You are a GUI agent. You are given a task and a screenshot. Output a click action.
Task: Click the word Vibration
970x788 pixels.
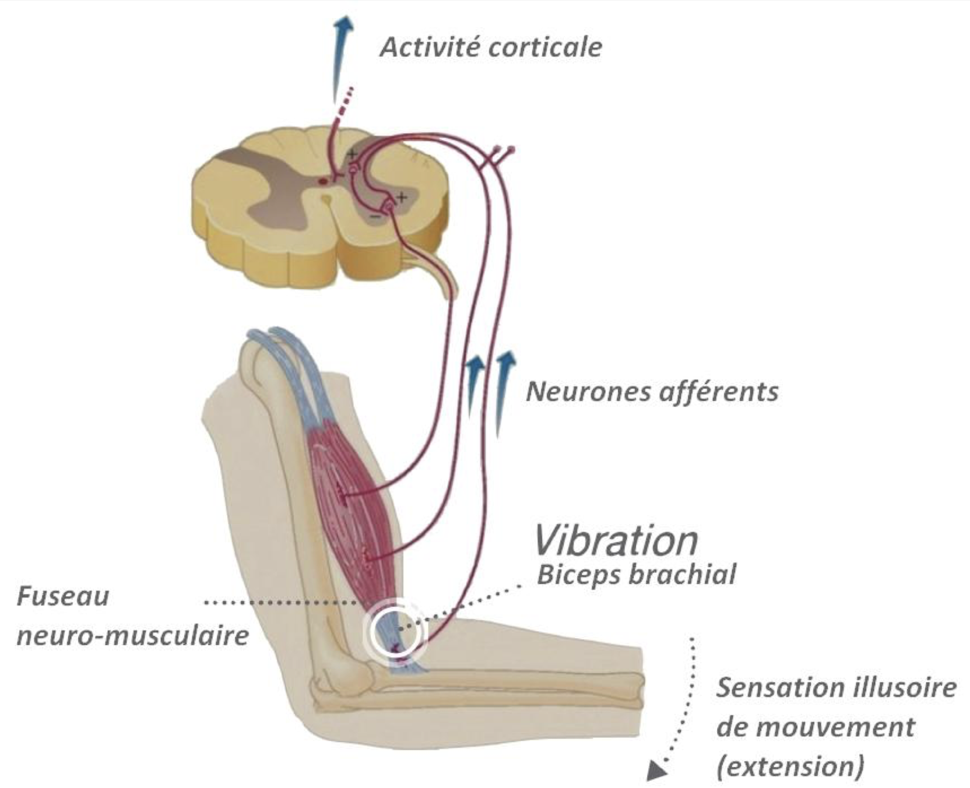point(616,540)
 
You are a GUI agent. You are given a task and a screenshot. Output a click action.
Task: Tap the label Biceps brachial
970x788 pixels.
point(636,575)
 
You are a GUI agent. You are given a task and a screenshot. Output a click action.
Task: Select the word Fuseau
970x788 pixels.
point(63,597)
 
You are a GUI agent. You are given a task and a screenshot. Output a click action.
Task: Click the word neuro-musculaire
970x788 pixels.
point(133,635)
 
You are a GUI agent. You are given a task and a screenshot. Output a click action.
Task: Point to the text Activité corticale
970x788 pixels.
point(491,47)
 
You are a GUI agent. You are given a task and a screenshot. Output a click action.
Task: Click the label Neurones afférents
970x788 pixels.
point(652,392)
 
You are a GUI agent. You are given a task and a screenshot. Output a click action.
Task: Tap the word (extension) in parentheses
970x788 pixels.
point(790,767)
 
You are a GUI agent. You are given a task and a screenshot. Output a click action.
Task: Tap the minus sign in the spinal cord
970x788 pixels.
point(376,217)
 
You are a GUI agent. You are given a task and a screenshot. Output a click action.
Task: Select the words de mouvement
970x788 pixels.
point(816,727)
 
